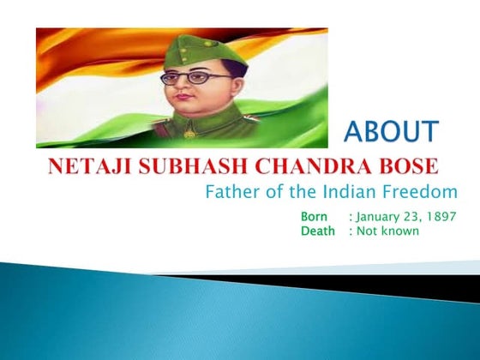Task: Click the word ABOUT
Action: click(x=391, y=132)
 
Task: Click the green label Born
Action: click(x=316, y=217)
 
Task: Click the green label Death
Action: click(x=318, y=231)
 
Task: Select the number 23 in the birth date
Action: click(x=415, y=217)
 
